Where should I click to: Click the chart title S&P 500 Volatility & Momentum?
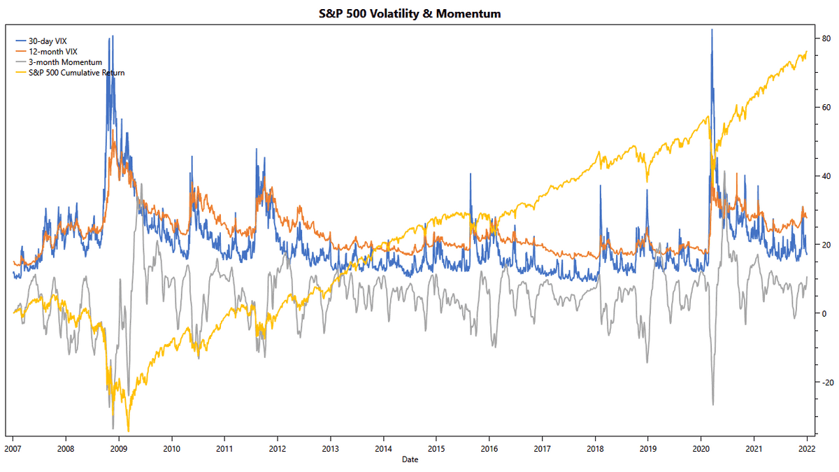point(419,13)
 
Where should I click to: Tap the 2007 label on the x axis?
point(13,448)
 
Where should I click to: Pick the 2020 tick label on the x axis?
point(701,448)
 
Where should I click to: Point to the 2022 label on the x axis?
point(807,448)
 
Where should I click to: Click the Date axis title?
point(410,459)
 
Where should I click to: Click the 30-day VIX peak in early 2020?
point(712,29)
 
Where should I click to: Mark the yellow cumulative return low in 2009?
point(128,431)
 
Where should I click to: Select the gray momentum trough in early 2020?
point(712,404)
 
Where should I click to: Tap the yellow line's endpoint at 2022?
point(807,51)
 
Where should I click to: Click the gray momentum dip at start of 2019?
point(647,362)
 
